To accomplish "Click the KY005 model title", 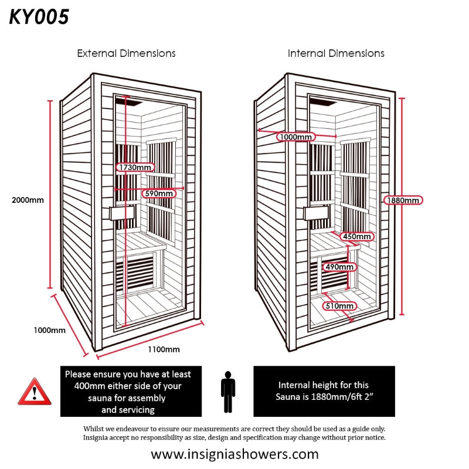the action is coord(39,17).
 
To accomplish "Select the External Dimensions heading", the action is coord(126,53).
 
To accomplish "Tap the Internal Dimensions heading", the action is coord(336,53).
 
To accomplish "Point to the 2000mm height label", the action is coord(28,200).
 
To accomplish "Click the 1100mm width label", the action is coord(164,349).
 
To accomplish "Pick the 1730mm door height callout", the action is coord(135,167).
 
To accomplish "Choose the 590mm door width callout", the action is coord(159,193).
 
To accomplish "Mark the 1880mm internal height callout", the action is coord(403,200).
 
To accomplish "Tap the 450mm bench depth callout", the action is coord(357,236).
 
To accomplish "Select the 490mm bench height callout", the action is coord(339,267).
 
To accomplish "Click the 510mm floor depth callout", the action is coord(339,305).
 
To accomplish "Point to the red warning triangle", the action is coord(35,392).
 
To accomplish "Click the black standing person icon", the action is coord(228,392).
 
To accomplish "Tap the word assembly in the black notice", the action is coord(148,398).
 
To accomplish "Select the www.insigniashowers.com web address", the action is coord(235,454).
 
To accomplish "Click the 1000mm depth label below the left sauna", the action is coord(49,330).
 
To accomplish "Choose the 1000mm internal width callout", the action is coord(296,137).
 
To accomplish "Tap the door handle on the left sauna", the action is coord(122,213).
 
